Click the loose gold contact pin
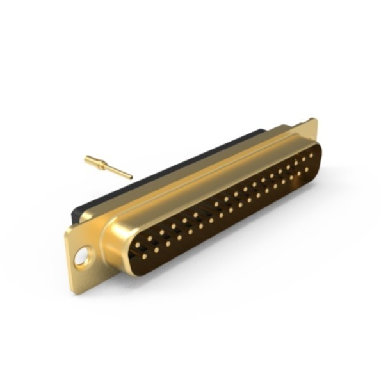[x=108, y=166]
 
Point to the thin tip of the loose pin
[x=130, y=177]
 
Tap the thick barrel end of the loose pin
[x=88, y=158]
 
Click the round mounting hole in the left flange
[x=82, y=258]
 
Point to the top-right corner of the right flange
[x=315, y=119]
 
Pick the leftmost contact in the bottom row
[x=145, y=256]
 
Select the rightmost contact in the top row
[x=312, y=154]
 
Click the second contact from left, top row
[x=150, y=238]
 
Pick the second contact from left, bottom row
[x=156, y=250]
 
